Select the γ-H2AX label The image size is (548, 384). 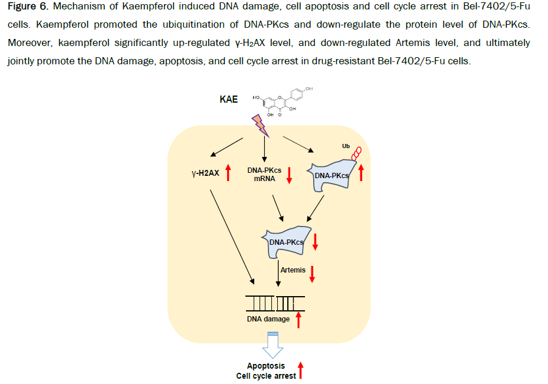(205, 174)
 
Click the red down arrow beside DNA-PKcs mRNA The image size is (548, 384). (289, 175)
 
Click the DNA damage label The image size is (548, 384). (268, 319)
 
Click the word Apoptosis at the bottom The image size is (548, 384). (265, 366)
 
